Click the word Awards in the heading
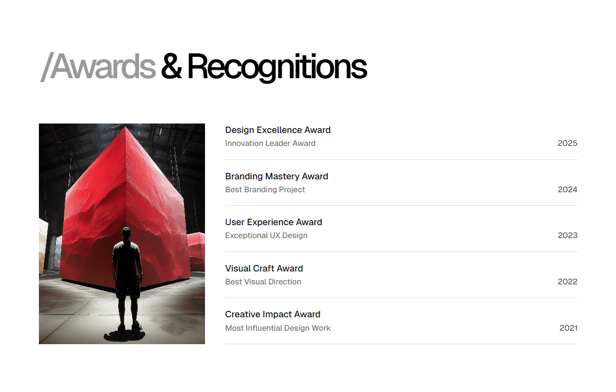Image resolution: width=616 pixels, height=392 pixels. coord(103,67)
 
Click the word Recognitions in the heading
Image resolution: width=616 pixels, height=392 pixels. coord(277,67)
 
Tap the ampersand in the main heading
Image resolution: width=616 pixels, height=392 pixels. coord(171,67)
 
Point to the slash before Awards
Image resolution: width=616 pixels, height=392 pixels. coord(45,67)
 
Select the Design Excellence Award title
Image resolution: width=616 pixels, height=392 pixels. coord(278,130)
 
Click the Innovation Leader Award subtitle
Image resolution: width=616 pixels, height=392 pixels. coord(270,143)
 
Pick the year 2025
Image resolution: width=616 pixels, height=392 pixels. coord(567,143)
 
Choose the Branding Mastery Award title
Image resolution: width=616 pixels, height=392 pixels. coord(276,176)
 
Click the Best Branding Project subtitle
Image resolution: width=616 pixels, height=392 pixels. coord(265,190)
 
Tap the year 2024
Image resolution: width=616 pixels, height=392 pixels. coord(567,190)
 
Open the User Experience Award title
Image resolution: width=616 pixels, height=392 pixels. coord(273,222)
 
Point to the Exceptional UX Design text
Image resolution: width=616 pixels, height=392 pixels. coord(266,236)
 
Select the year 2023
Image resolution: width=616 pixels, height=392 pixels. coord(567,236)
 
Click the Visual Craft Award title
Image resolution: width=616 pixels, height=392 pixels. coord(264,268)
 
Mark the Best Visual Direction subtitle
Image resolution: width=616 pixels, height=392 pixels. coord(263,282)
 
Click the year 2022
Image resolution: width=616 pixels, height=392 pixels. coord(567,282)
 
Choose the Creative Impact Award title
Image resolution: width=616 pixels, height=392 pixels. coord(272,314)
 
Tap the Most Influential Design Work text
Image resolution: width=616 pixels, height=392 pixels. coord(278,328)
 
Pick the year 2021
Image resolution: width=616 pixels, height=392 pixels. coord(568,328)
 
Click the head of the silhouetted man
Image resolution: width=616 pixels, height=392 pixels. coord(127,233)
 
